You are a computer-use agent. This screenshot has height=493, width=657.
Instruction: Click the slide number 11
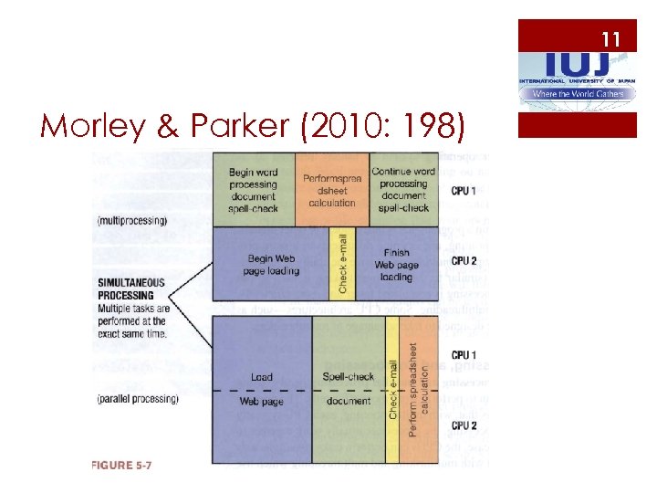(x=610, y=38)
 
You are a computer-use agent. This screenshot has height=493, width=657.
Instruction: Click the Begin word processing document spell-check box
(x=253, y=190)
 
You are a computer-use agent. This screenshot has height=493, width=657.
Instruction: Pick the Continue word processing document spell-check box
(x=402, y=190)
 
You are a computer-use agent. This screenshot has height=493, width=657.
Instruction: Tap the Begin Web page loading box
(x=271, y=264)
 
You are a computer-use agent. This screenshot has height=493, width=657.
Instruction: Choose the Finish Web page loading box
(x=396, y=264)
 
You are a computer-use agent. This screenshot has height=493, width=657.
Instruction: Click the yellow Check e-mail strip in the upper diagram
(x=343, y=264)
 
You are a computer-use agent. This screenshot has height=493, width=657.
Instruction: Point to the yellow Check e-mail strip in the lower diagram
(x=393, y=390)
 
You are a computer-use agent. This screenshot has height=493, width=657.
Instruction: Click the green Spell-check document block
(x=348, y=390)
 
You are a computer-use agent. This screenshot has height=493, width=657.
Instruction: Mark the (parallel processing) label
(x=137, y=399)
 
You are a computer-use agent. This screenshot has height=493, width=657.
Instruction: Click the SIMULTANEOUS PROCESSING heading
(x=131, y=289)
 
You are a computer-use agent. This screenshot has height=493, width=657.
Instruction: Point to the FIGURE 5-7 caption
(x=120, y=467)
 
